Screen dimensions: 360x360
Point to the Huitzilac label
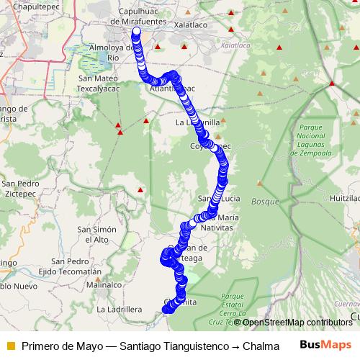345,197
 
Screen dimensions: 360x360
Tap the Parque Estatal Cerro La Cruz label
238,307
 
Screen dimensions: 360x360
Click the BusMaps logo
325,344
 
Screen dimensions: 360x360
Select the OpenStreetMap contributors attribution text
296,323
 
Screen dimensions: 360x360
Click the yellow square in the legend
9,345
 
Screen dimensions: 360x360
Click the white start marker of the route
136,32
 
